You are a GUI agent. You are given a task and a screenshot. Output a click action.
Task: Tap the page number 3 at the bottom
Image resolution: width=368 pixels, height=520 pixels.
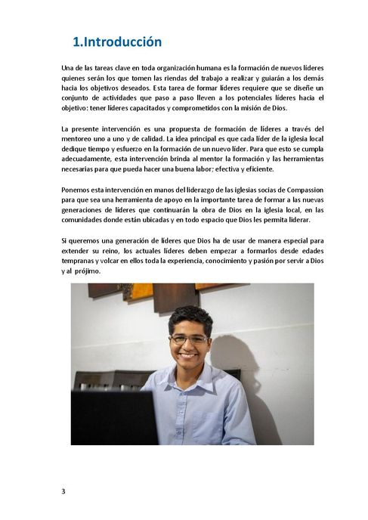pos(63,492)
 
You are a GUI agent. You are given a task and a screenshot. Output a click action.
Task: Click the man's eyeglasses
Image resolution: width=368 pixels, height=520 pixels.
pos(188,339)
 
